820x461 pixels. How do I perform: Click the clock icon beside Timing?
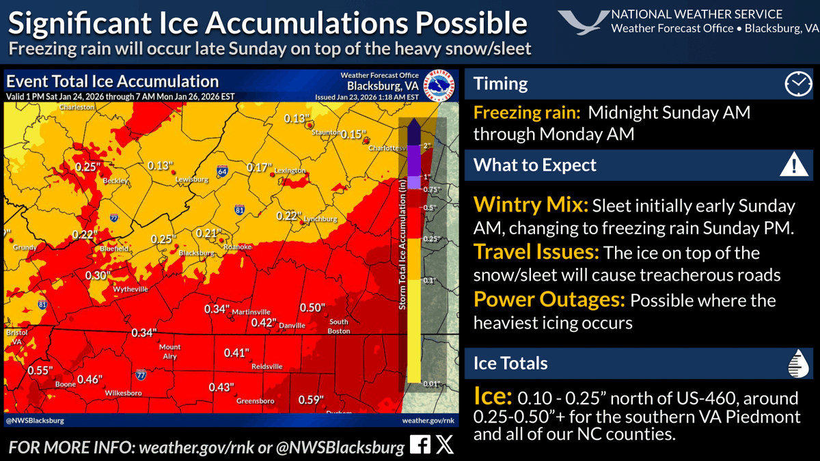point(796,84)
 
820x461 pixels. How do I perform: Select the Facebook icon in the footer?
point(420,446)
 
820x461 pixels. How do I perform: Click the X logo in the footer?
point(444,446)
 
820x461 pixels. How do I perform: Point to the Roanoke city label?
point(238,247)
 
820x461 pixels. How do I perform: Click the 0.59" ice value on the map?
point(310,400)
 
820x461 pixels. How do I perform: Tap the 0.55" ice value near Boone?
point(40,370)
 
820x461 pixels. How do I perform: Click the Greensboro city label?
point(255,401)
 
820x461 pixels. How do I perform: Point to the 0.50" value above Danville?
point(312,308)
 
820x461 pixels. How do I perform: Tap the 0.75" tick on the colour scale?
point(430,189)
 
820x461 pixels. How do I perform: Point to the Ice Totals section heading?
point(510,363)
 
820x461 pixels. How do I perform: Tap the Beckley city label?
point(114,181)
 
